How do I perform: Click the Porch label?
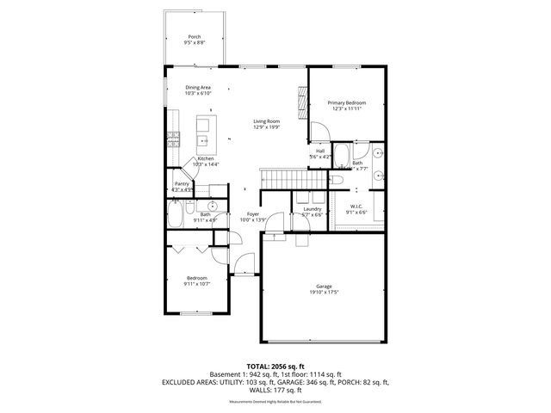(195, 37)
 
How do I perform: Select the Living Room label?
(266, 121)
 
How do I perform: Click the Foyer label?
(253, 213)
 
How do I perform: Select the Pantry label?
(182, 183)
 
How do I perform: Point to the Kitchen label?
(206, 159)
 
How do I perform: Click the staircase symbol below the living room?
(278, 180)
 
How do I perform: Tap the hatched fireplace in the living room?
(300, 104)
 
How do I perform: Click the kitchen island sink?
(205, 140)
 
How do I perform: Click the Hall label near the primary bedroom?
(319, 151)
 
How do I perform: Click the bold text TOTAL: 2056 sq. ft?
(275, 366)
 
